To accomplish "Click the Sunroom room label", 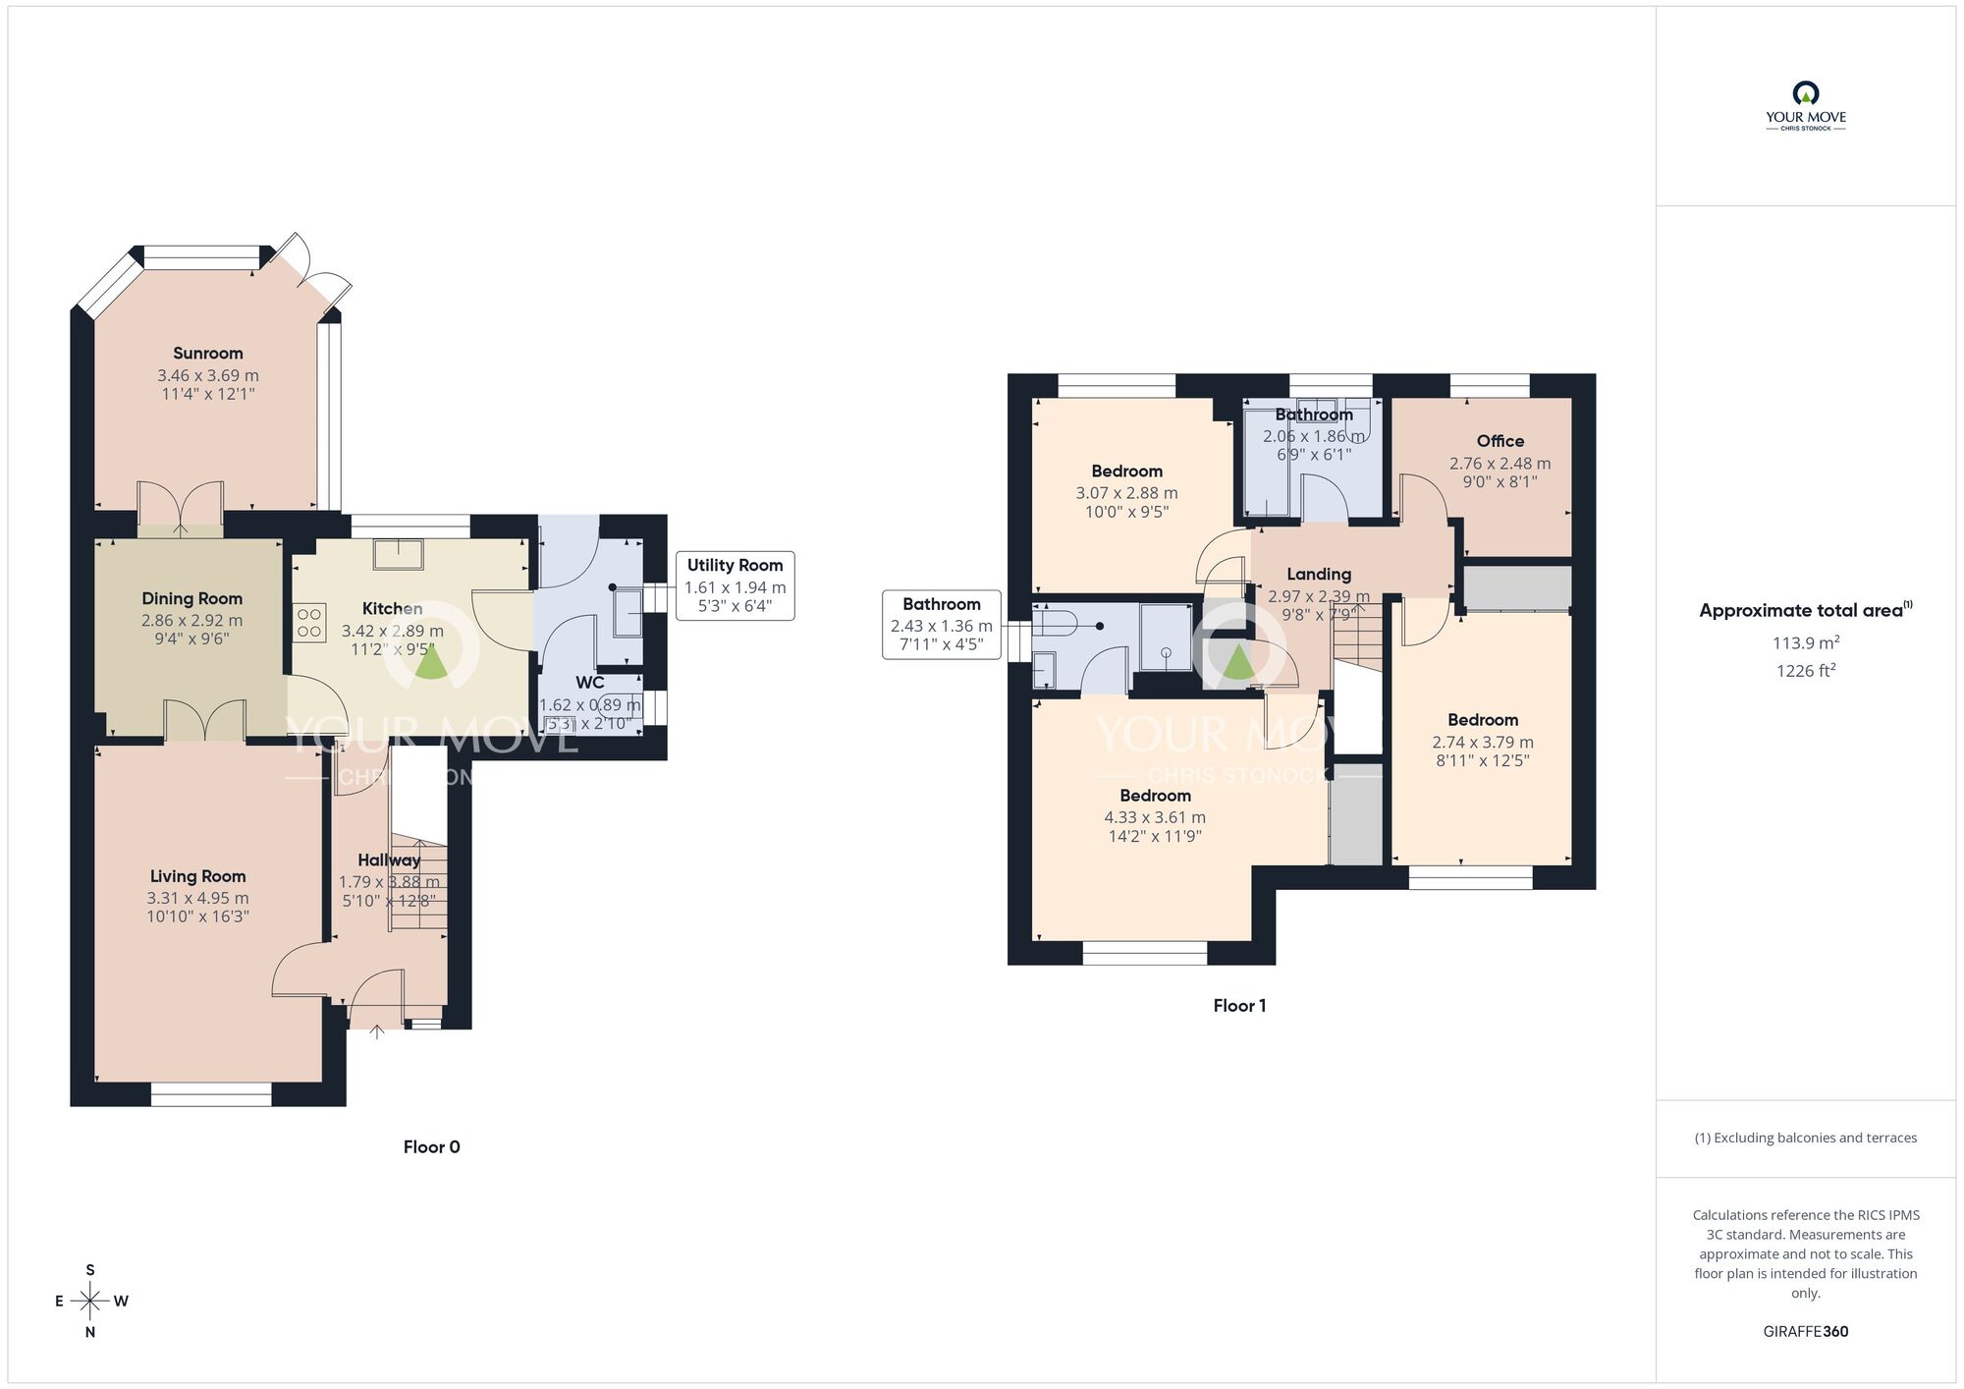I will (x=207, y=354).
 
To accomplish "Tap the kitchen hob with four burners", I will (x=309, y=623).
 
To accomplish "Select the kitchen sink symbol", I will (x=398, y=554).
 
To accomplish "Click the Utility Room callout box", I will (x=735, y=585).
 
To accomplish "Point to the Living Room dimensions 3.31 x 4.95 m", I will (x=197, y=898).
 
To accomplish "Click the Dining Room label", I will (x=191, y=598).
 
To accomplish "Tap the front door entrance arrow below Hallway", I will (x=377, y=1031).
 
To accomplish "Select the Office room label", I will (x=1500, y=441).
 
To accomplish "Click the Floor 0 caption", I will (x=431, y=1146).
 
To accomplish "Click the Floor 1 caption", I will (x=1239, y=1005).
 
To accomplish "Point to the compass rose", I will (x=90, y=1302).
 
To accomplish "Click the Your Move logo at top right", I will (x=1805, y=106).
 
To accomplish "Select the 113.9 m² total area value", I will (x=1805, y=642).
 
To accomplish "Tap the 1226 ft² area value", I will (x=1805, y=671).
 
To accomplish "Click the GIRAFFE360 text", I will (x=1805, y=1331).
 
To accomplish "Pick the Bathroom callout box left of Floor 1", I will (x=941, y=624).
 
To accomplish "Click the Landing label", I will (x=1318, y=574).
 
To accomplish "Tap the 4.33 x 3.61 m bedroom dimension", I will (x=1155, y=817).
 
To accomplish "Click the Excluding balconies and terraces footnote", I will (x=1805, y=1138).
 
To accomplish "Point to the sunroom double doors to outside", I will (x=312, y=269).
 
